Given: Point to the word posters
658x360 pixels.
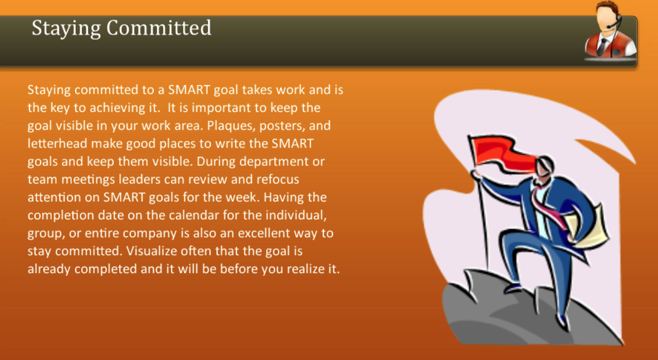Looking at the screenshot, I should point(287,126).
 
